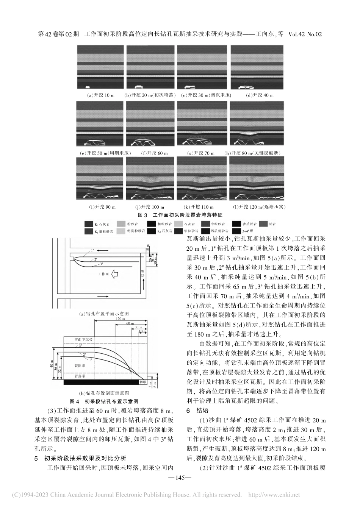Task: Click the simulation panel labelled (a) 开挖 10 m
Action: coord(100,67)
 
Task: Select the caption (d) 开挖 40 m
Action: coord(260,95)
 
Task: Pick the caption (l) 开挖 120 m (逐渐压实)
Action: coord(259,207)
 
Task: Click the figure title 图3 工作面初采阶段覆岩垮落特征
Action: coord(180,215)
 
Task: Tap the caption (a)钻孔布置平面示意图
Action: coord(104,314)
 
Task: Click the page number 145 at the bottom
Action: coord(180,478)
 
